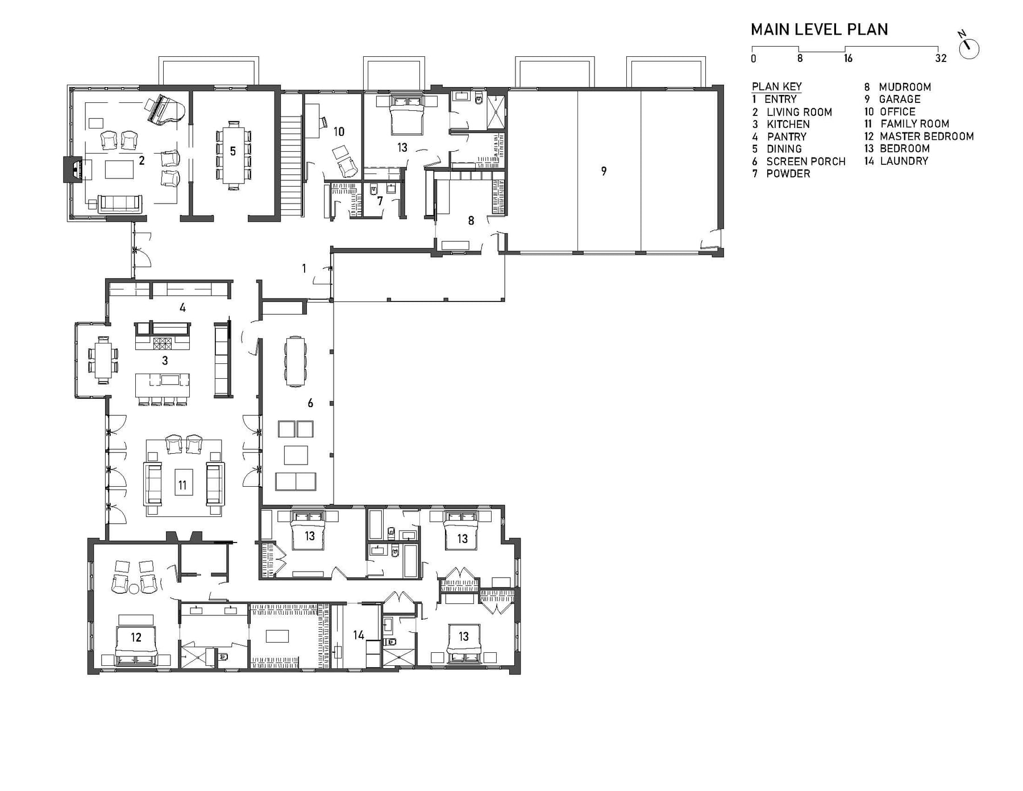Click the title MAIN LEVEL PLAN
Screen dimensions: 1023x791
(x=819, y=30)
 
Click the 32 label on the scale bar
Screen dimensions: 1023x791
(x=941, y=58)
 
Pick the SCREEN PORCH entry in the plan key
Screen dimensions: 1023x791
(x=799, y=161)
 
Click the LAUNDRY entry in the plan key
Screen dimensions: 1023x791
(x=896, y=161)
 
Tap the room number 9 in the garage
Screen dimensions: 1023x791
(x=604, y=171)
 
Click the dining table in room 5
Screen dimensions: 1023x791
(x=233, y=154)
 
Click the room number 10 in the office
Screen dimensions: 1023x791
(x=339, y=132)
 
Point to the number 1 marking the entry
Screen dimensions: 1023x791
(x=304, y=268)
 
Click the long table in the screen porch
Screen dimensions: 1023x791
(x=295, y=361)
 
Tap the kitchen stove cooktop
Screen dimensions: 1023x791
(x=163, y=343)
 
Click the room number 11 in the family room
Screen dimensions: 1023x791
(x=182, y=485)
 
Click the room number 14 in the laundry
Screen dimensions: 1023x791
(x=359, y=635)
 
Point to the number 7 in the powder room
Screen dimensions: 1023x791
(x=380, y=201)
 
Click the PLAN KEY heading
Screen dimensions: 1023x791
(x=776, y=86)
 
